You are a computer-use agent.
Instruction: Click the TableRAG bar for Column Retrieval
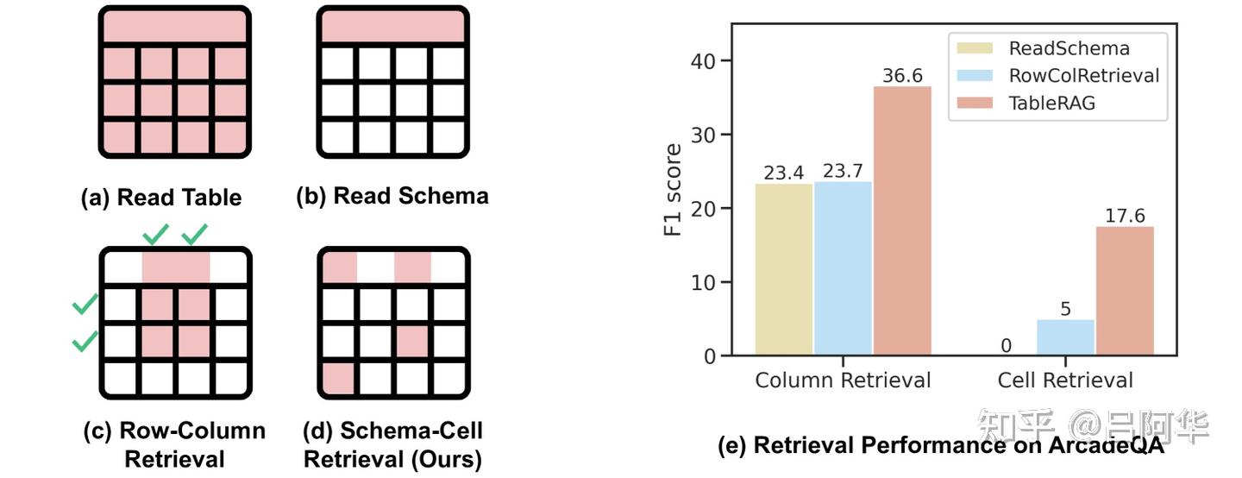point(902,220)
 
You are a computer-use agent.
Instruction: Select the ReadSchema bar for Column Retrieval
point(784,268)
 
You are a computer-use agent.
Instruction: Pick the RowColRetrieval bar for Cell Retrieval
point(1064,337)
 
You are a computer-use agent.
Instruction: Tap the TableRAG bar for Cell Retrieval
point(1124,290)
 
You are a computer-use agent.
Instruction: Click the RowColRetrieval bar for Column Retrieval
point(843,267)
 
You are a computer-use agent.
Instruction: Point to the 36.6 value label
point(902,76)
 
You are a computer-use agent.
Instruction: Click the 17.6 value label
point(1124,216)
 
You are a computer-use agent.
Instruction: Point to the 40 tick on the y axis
point(704,61)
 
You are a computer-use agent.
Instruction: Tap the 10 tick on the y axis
point(704,283)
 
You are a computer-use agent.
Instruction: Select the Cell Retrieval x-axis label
point(1064,380)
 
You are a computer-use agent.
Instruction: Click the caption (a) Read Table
point(161,198)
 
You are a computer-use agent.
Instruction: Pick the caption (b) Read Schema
point(392,197)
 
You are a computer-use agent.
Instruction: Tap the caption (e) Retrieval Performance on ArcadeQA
point(940,446)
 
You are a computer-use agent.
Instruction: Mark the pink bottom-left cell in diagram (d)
point(337,378)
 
